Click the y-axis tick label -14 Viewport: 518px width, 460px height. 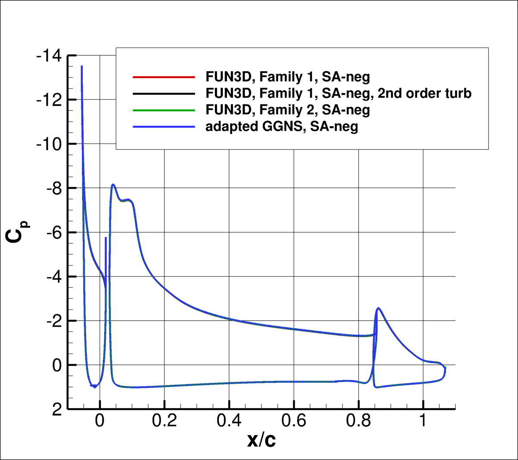click(x=49, y=56)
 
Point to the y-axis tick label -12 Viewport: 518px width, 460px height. click(x=49, y=100)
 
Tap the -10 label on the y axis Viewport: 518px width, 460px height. click(x=49, y=144)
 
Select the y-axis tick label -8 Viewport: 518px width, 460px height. click(x=54, y=188)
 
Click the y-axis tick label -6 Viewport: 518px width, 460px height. click(x=54, y=233)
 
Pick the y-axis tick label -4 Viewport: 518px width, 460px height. click(x=54, y=277)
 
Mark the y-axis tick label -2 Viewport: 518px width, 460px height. click(x=54, y=321)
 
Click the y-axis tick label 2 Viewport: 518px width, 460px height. click(x=57, y=410)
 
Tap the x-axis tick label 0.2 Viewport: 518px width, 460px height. click(x=164, y=421)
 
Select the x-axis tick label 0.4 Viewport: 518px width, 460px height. click(x=229, y=421)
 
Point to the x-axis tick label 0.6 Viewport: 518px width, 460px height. click(x=294, y=421)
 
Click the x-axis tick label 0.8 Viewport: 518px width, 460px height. click(x=358, y=421)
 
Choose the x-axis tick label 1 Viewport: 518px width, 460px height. click(x=423, y=421)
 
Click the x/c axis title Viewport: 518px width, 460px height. click(x=261, y=440)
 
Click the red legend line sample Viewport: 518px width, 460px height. click(x=164, y=77)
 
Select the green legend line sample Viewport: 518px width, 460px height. click(x=164, y=110)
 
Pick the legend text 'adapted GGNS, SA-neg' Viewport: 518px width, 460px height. click(x=281, y=127)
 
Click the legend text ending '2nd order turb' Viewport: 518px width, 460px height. click(x=338, y=94)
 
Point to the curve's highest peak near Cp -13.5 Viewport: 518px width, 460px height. click(x=82, y=67)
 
